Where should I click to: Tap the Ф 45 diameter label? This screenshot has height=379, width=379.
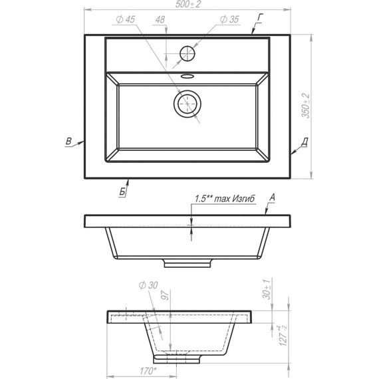coord(125,20)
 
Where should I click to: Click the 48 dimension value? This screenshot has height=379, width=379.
coord(160,20)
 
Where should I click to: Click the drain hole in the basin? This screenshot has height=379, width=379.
coord(188,104)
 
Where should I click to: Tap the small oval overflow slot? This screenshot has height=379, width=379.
coord(188,76)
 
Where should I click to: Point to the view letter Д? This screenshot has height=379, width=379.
coord(303,142)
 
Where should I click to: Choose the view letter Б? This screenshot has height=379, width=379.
coord(122,191)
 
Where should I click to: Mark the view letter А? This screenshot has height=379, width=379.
coord(273,197)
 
